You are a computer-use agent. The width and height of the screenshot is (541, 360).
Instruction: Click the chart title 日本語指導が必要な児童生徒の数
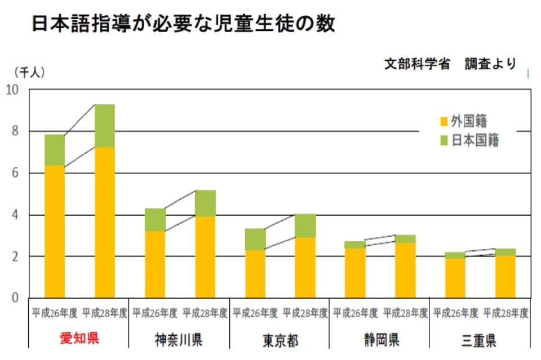pyautogui.click(x=183, y=23)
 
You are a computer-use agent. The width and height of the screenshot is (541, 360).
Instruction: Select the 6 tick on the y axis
pyautogui.click(x=15, y=173)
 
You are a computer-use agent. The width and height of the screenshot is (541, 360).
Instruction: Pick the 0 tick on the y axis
pyautogui.click(x=15, y=298)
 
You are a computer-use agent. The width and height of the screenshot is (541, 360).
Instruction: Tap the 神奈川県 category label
pyautogui.click(x=179, y=340)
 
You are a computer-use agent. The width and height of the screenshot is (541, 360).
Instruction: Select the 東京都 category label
pyautogui.click(x=280, y=340)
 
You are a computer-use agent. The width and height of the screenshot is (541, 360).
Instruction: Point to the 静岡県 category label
pyautogui.click(x=380, y=340)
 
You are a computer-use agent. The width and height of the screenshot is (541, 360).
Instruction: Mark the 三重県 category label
pyautogui.click(x=480, y=340)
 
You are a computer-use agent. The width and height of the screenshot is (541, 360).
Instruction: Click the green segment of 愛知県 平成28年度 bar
pyautogui.click(x=105, y=126)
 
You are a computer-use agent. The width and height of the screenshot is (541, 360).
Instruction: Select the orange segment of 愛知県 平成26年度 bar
pyautogui.click(x=55, y=231)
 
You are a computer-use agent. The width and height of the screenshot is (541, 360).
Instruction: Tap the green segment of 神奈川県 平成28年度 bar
pyautogui.click(x=205, y=203)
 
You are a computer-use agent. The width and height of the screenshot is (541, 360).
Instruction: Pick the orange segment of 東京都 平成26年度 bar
pyautogui.click(x=255, y=274)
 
